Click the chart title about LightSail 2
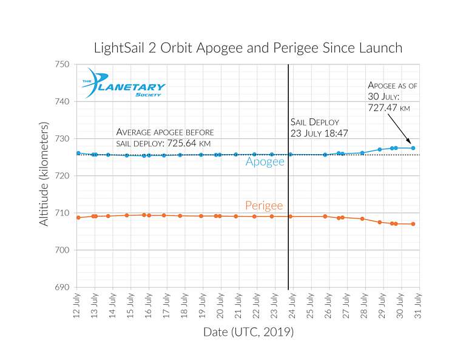coord(248,47)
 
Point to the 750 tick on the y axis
coord(62,64)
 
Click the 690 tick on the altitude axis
coord(62,287)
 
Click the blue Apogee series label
coord(265,162)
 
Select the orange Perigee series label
coord(264,206)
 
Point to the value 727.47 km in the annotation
coord(389,107)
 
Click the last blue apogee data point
coord(413,148)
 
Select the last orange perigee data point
coord(413,224)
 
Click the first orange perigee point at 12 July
coord(78,217)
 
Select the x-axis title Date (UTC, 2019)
coord(248,333)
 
